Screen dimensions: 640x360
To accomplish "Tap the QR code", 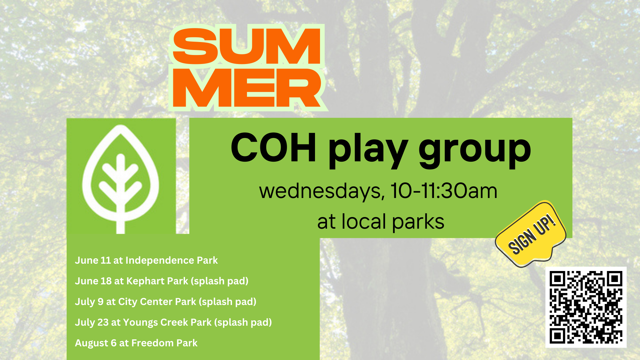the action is [586, 307].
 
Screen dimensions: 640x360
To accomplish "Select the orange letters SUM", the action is [247, 46].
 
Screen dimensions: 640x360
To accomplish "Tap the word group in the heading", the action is [475, 151].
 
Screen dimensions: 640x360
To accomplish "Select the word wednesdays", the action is [320, 191].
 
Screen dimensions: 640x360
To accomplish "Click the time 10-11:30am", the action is [444, 191].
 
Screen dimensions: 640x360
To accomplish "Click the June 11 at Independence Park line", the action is [146, 260].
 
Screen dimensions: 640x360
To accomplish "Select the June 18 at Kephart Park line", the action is [162, 281].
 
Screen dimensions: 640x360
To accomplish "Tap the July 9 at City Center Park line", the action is [166, 302].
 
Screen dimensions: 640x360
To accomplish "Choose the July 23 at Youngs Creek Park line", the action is [173, 322].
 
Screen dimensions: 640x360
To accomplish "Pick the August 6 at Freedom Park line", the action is [136, 343].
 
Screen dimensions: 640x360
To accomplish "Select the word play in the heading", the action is [368, 151].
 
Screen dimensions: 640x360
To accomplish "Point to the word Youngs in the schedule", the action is [140, 323].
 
